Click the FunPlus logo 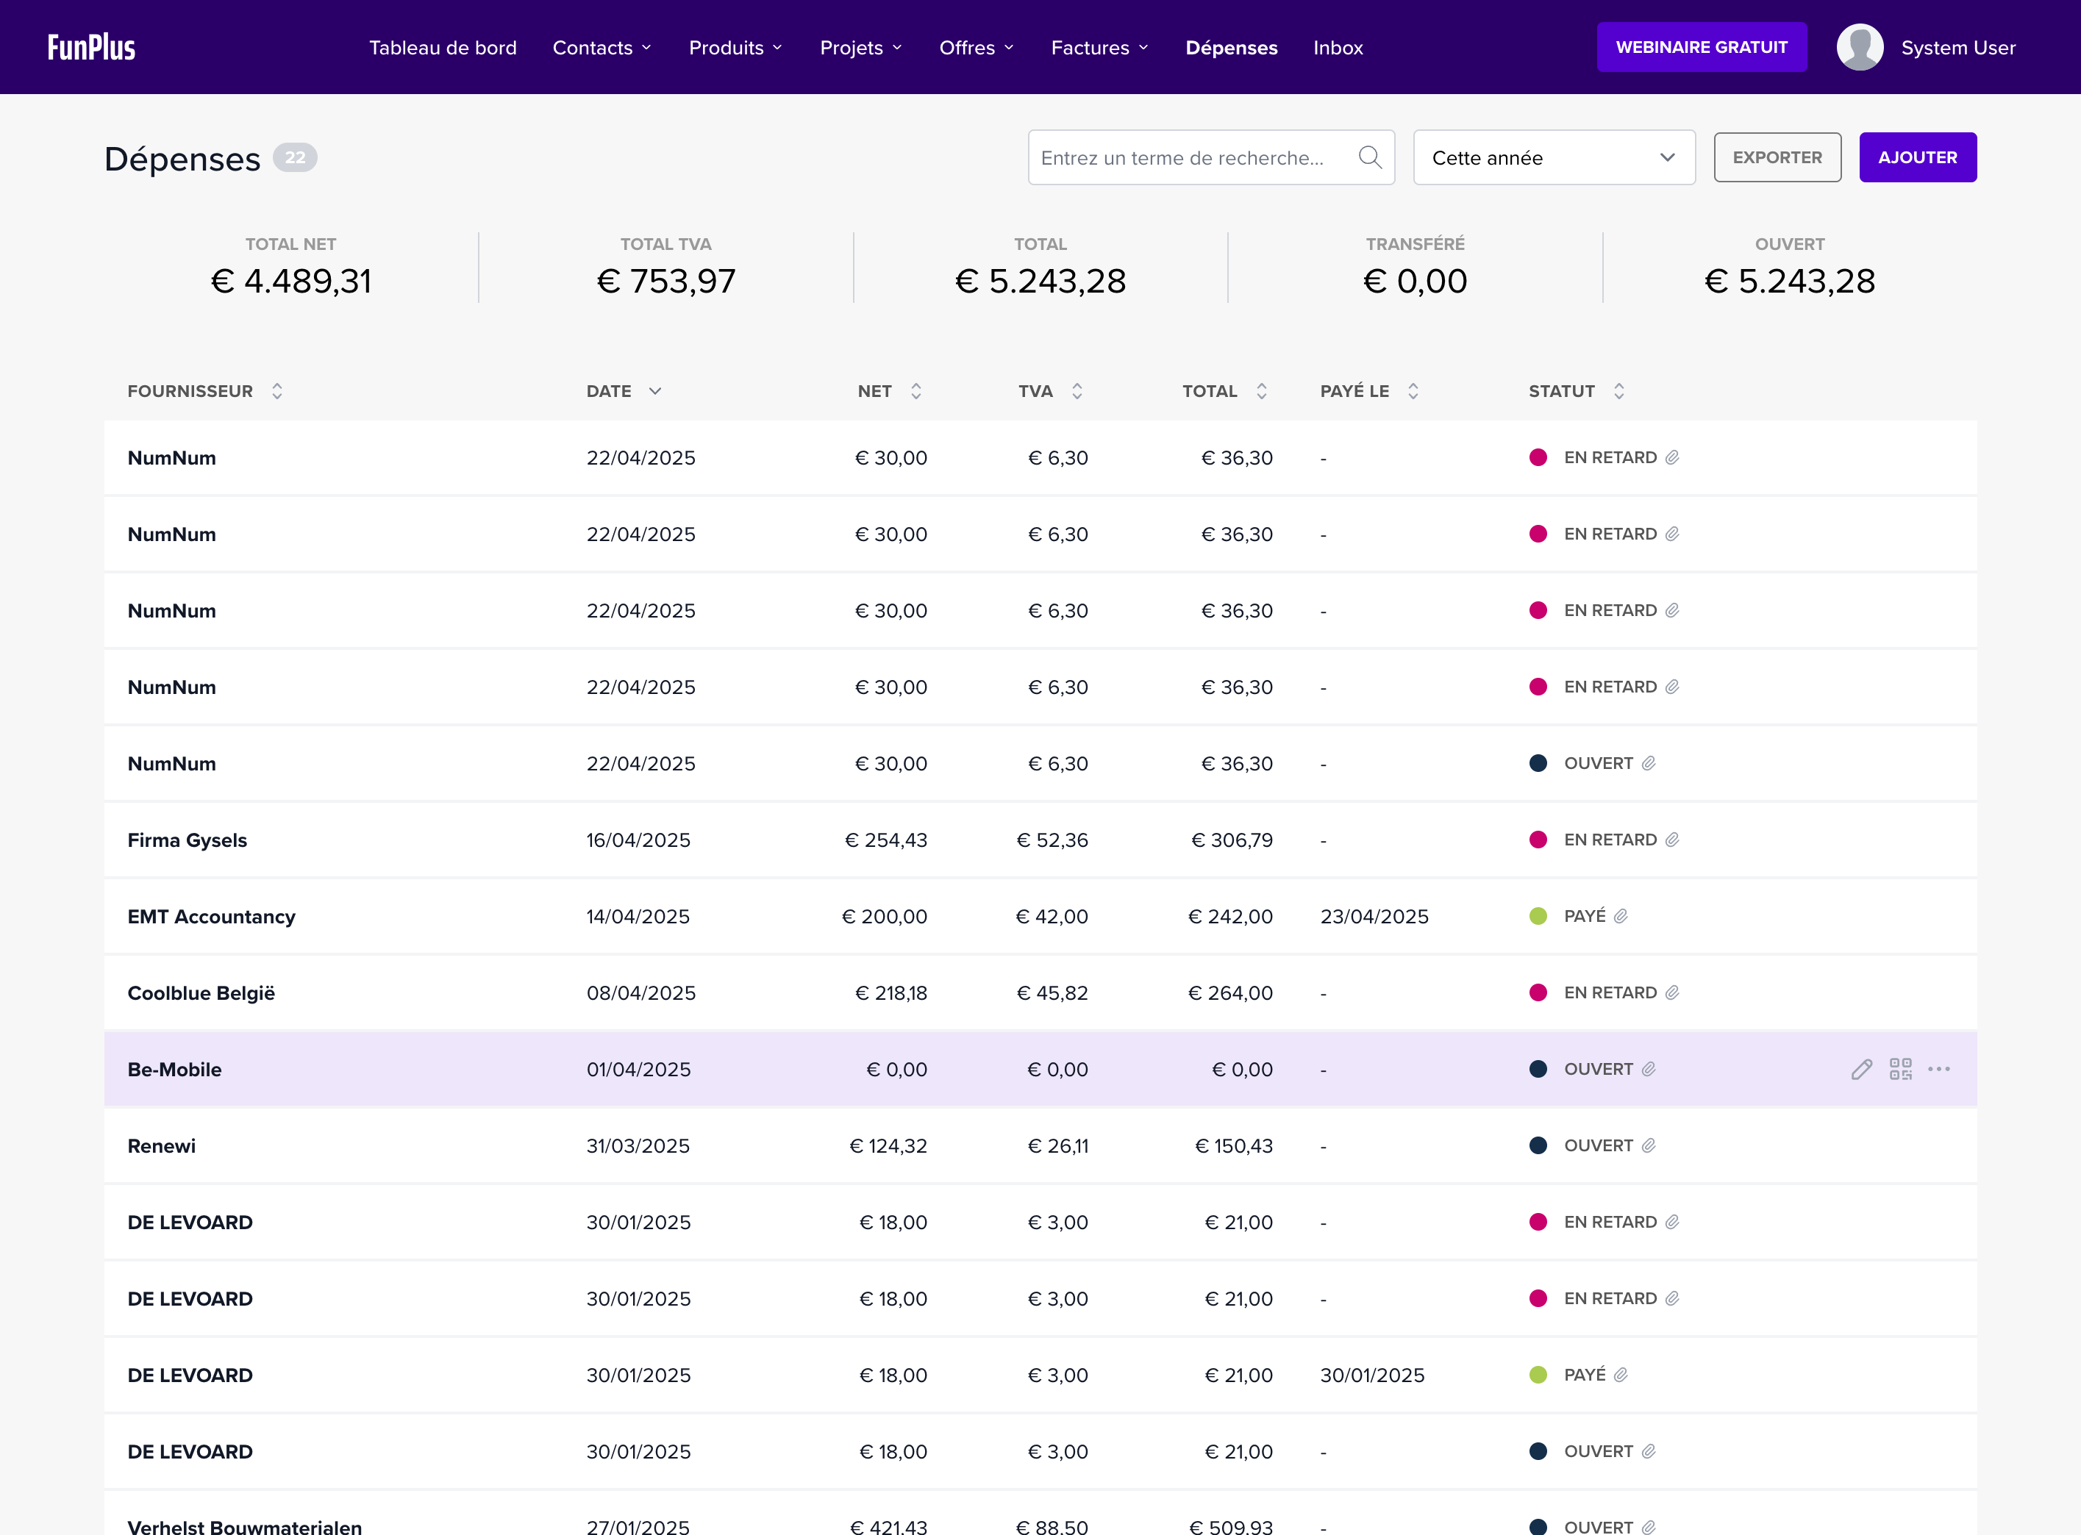click(91, 47)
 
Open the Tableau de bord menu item click(443, 47)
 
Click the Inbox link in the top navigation click(1338, 47)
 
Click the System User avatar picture click(1859, 47)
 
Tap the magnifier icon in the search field click(1369, 157)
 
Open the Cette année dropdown click(1553, 158)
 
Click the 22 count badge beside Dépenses click(295, 158)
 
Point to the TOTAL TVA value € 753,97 click(665, 281)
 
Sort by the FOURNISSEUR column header click(190, 391)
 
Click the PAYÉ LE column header click(1354, 391)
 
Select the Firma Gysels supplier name click(187, 840)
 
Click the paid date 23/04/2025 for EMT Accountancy click(1374, 916)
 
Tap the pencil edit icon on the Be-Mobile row click(1860, 1070)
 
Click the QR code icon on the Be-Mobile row click(1900, 1070)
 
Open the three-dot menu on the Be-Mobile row click(1939, 1070)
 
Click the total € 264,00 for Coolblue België click(1230, 993)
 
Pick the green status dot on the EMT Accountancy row click(1538, 916)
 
